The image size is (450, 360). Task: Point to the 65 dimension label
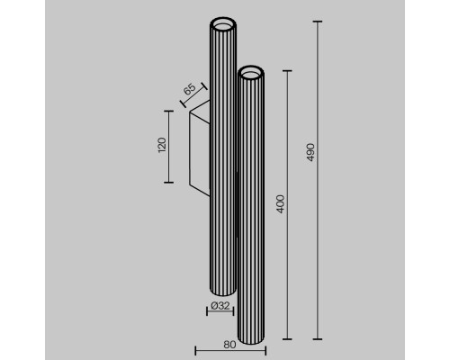pos(189,90)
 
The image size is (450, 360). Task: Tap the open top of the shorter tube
pos(250,71)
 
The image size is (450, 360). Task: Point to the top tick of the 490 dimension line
pos(317,19)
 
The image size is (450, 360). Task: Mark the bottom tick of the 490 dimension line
pos(317,339)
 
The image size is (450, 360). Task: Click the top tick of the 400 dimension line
pos(288,69)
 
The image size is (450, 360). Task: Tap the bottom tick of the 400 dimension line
pos(288,339)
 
